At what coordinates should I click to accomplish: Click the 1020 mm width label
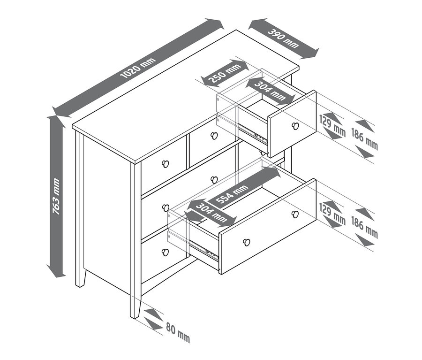click(138, 68)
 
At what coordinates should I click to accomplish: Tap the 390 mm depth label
click(283, 38)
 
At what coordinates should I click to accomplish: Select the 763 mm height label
click(56, 196)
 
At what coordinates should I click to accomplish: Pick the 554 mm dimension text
click(232, 194)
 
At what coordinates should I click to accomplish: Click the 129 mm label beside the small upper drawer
click(332, 126)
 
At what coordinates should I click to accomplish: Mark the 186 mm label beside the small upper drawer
click(365, 139)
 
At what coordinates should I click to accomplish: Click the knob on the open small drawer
click(295, 126)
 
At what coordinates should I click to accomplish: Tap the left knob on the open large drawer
click(247, 243)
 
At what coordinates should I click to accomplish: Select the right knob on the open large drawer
click(295, 214)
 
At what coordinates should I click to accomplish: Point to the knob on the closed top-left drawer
click(165, 163)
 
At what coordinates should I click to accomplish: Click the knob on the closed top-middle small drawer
click(214, 136)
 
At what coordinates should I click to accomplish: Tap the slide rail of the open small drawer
click(252, 133)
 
